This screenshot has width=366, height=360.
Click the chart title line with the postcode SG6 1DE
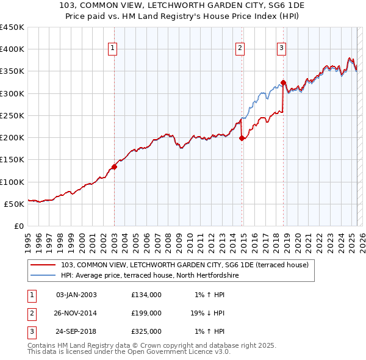click(182, 5)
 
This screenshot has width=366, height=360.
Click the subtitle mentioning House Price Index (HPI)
click(182, 15)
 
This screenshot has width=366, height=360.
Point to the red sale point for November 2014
click(242, 138)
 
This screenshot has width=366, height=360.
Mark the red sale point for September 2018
click(284, 82)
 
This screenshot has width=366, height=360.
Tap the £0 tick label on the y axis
click(18, 226)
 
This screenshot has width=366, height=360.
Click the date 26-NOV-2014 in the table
click(76, 313)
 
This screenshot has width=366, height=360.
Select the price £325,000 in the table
click(146, 331)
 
